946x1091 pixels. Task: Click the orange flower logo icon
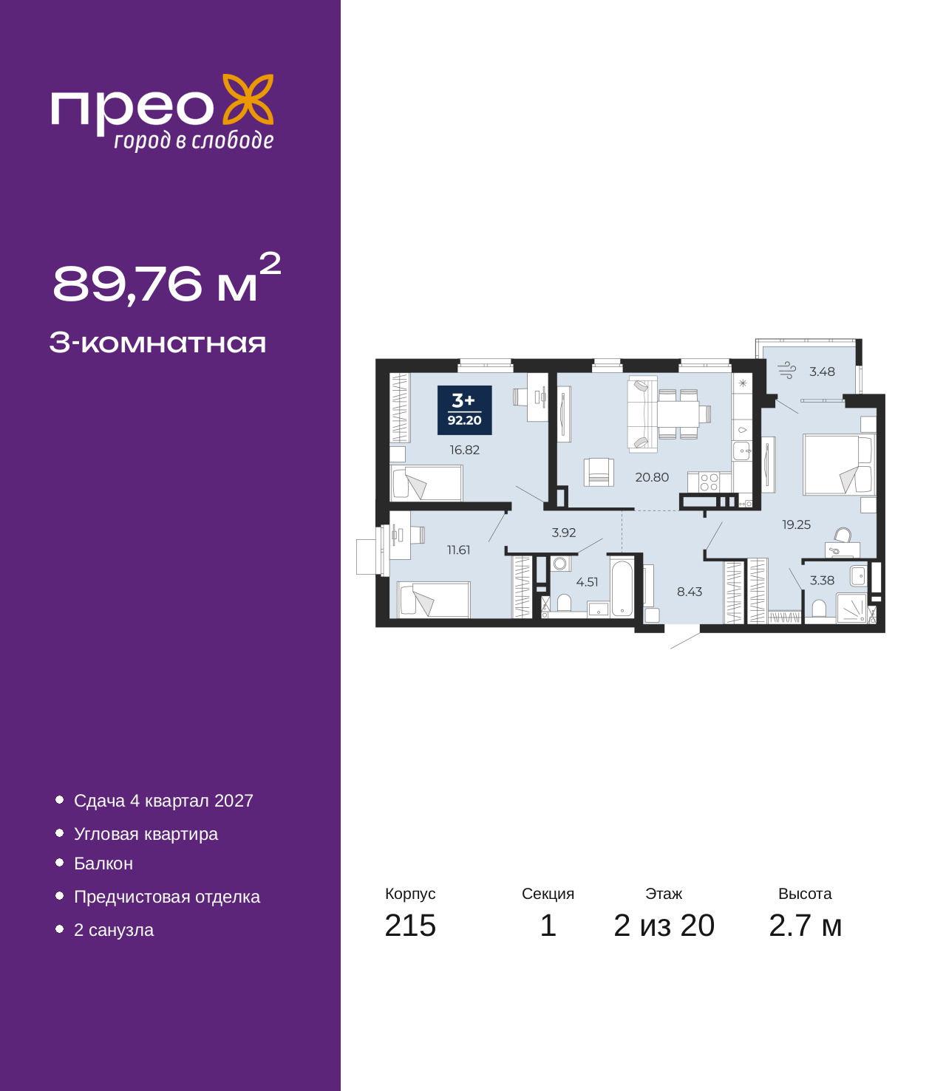(248, 99)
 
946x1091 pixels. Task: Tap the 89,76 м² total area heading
(166, 278)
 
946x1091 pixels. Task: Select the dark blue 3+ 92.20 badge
(464, 410)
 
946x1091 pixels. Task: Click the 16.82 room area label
(464, 450)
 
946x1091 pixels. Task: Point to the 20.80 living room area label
(652, 477)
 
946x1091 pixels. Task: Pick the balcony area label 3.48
(822, 372)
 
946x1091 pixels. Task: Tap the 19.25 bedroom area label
(796, 524)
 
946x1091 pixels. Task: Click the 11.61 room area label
(458, 550)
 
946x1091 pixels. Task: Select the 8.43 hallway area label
(690, 592)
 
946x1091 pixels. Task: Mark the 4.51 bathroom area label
(587, 582)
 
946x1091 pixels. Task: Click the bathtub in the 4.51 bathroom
(622, 587)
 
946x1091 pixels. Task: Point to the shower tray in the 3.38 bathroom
(851, 607)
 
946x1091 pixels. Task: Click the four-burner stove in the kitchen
(709, 482)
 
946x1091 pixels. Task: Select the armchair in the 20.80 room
(599, 472)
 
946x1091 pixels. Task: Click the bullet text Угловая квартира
(146, 834)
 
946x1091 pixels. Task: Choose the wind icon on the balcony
(787, 371)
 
